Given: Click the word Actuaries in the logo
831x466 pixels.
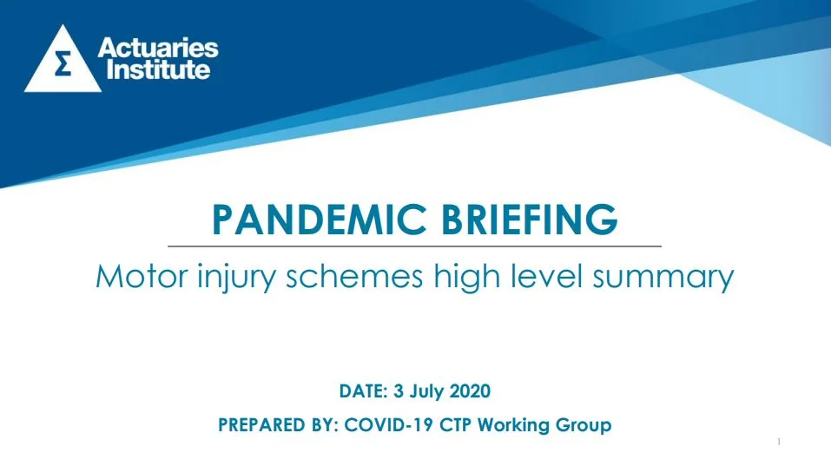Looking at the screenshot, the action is (x=158, y=49).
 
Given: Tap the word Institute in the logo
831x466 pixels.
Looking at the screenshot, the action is (x=158, y=70).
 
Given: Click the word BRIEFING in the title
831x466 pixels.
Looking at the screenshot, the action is (x=530, y=220).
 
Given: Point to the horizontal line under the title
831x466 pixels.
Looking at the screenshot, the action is (x=414, y=246).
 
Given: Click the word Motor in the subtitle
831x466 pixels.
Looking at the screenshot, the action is (x=142, y=277).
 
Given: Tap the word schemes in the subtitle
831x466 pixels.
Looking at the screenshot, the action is (x=354, y=276).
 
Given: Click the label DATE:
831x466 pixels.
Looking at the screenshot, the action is (x=364, y=391).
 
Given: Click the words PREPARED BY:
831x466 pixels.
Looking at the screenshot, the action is (x=278, y=425).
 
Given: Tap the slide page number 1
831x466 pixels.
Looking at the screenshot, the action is (x=779, y=442).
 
